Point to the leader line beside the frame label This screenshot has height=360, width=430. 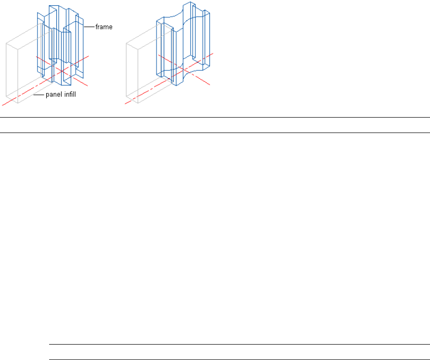[89, 27]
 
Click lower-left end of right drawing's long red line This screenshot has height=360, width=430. [125, 103]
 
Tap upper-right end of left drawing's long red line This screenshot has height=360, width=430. [89, 54]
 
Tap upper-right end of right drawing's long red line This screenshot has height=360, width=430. [210, 54]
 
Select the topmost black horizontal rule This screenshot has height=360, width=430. [215, 118]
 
